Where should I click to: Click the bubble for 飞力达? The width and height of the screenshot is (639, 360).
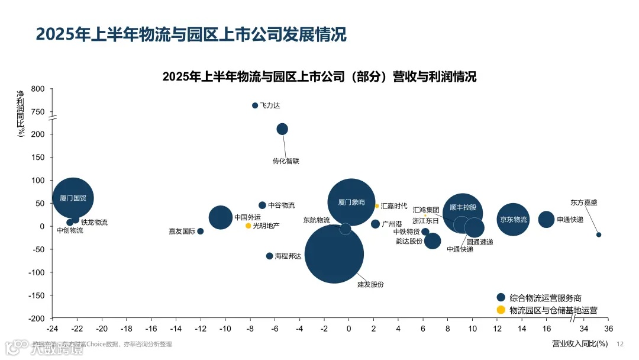[255, 105]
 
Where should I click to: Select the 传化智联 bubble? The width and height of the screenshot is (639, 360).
[282, 129]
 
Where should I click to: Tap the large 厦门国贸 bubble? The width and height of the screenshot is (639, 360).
[73, 198]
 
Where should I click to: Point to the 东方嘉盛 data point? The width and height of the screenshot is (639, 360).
[599, 234]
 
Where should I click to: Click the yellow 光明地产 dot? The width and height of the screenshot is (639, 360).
[248, 226]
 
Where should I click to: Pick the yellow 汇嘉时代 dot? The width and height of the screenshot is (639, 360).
[377, 206]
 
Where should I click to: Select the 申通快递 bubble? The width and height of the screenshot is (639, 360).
[547, 219]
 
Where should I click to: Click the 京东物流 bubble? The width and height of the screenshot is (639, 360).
[513, 220]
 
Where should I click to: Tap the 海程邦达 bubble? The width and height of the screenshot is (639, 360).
[269, 256]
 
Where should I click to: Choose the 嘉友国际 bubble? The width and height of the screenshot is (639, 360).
[201, 231]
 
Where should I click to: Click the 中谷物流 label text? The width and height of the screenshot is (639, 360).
[282, 205]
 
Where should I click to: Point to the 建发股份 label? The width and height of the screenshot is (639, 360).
[370, 284]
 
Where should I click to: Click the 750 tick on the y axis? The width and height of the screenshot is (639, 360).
[37, 112]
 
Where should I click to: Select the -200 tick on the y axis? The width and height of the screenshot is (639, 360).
[36, 318]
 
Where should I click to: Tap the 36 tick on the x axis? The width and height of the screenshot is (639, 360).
[608, 329]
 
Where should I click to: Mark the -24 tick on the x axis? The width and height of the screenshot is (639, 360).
[52, 329]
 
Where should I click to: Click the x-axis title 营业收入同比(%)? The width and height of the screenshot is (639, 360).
[580, 343]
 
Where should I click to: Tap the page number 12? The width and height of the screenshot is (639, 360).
[621, 344]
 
